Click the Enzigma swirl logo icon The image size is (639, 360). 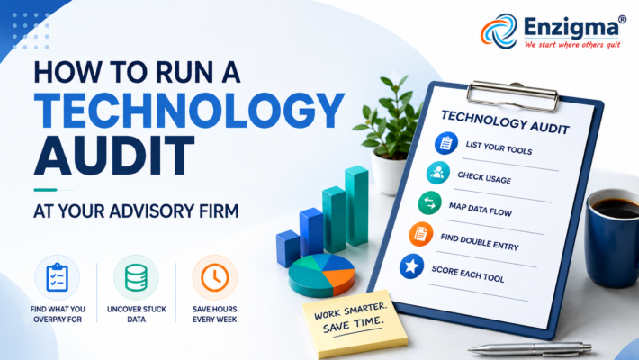(499, 31)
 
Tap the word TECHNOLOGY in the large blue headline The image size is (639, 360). (189, 111)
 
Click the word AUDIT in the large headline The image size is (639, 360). (114, 156)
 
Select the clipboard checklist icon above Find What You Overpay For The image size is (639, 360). (57, 277)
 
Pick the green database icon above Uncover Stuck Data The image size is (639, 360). (136, 277)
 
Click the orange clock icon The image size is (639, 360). (215, 277)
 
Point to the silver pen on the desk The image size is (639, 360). (530, 348)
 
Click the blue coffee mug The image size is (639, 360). (612, 238)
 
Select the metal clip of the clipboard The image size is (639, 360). (513, 95)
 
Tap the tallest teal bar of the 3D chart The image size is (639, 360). (356, 206)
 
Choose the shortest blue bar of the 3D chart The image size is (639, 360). (288, 248)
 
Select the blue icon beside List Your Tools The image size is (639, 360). (445, 143)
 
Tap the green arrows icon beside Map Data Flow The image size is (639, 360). (429, 203)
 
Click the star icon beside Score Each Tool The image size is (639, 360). (411, 266)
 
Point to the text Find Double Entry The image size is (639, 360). (480, 242)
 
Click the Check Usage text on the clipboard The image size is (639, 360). (484, 178)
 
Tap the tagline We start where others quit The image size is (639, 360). (572, 44)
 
